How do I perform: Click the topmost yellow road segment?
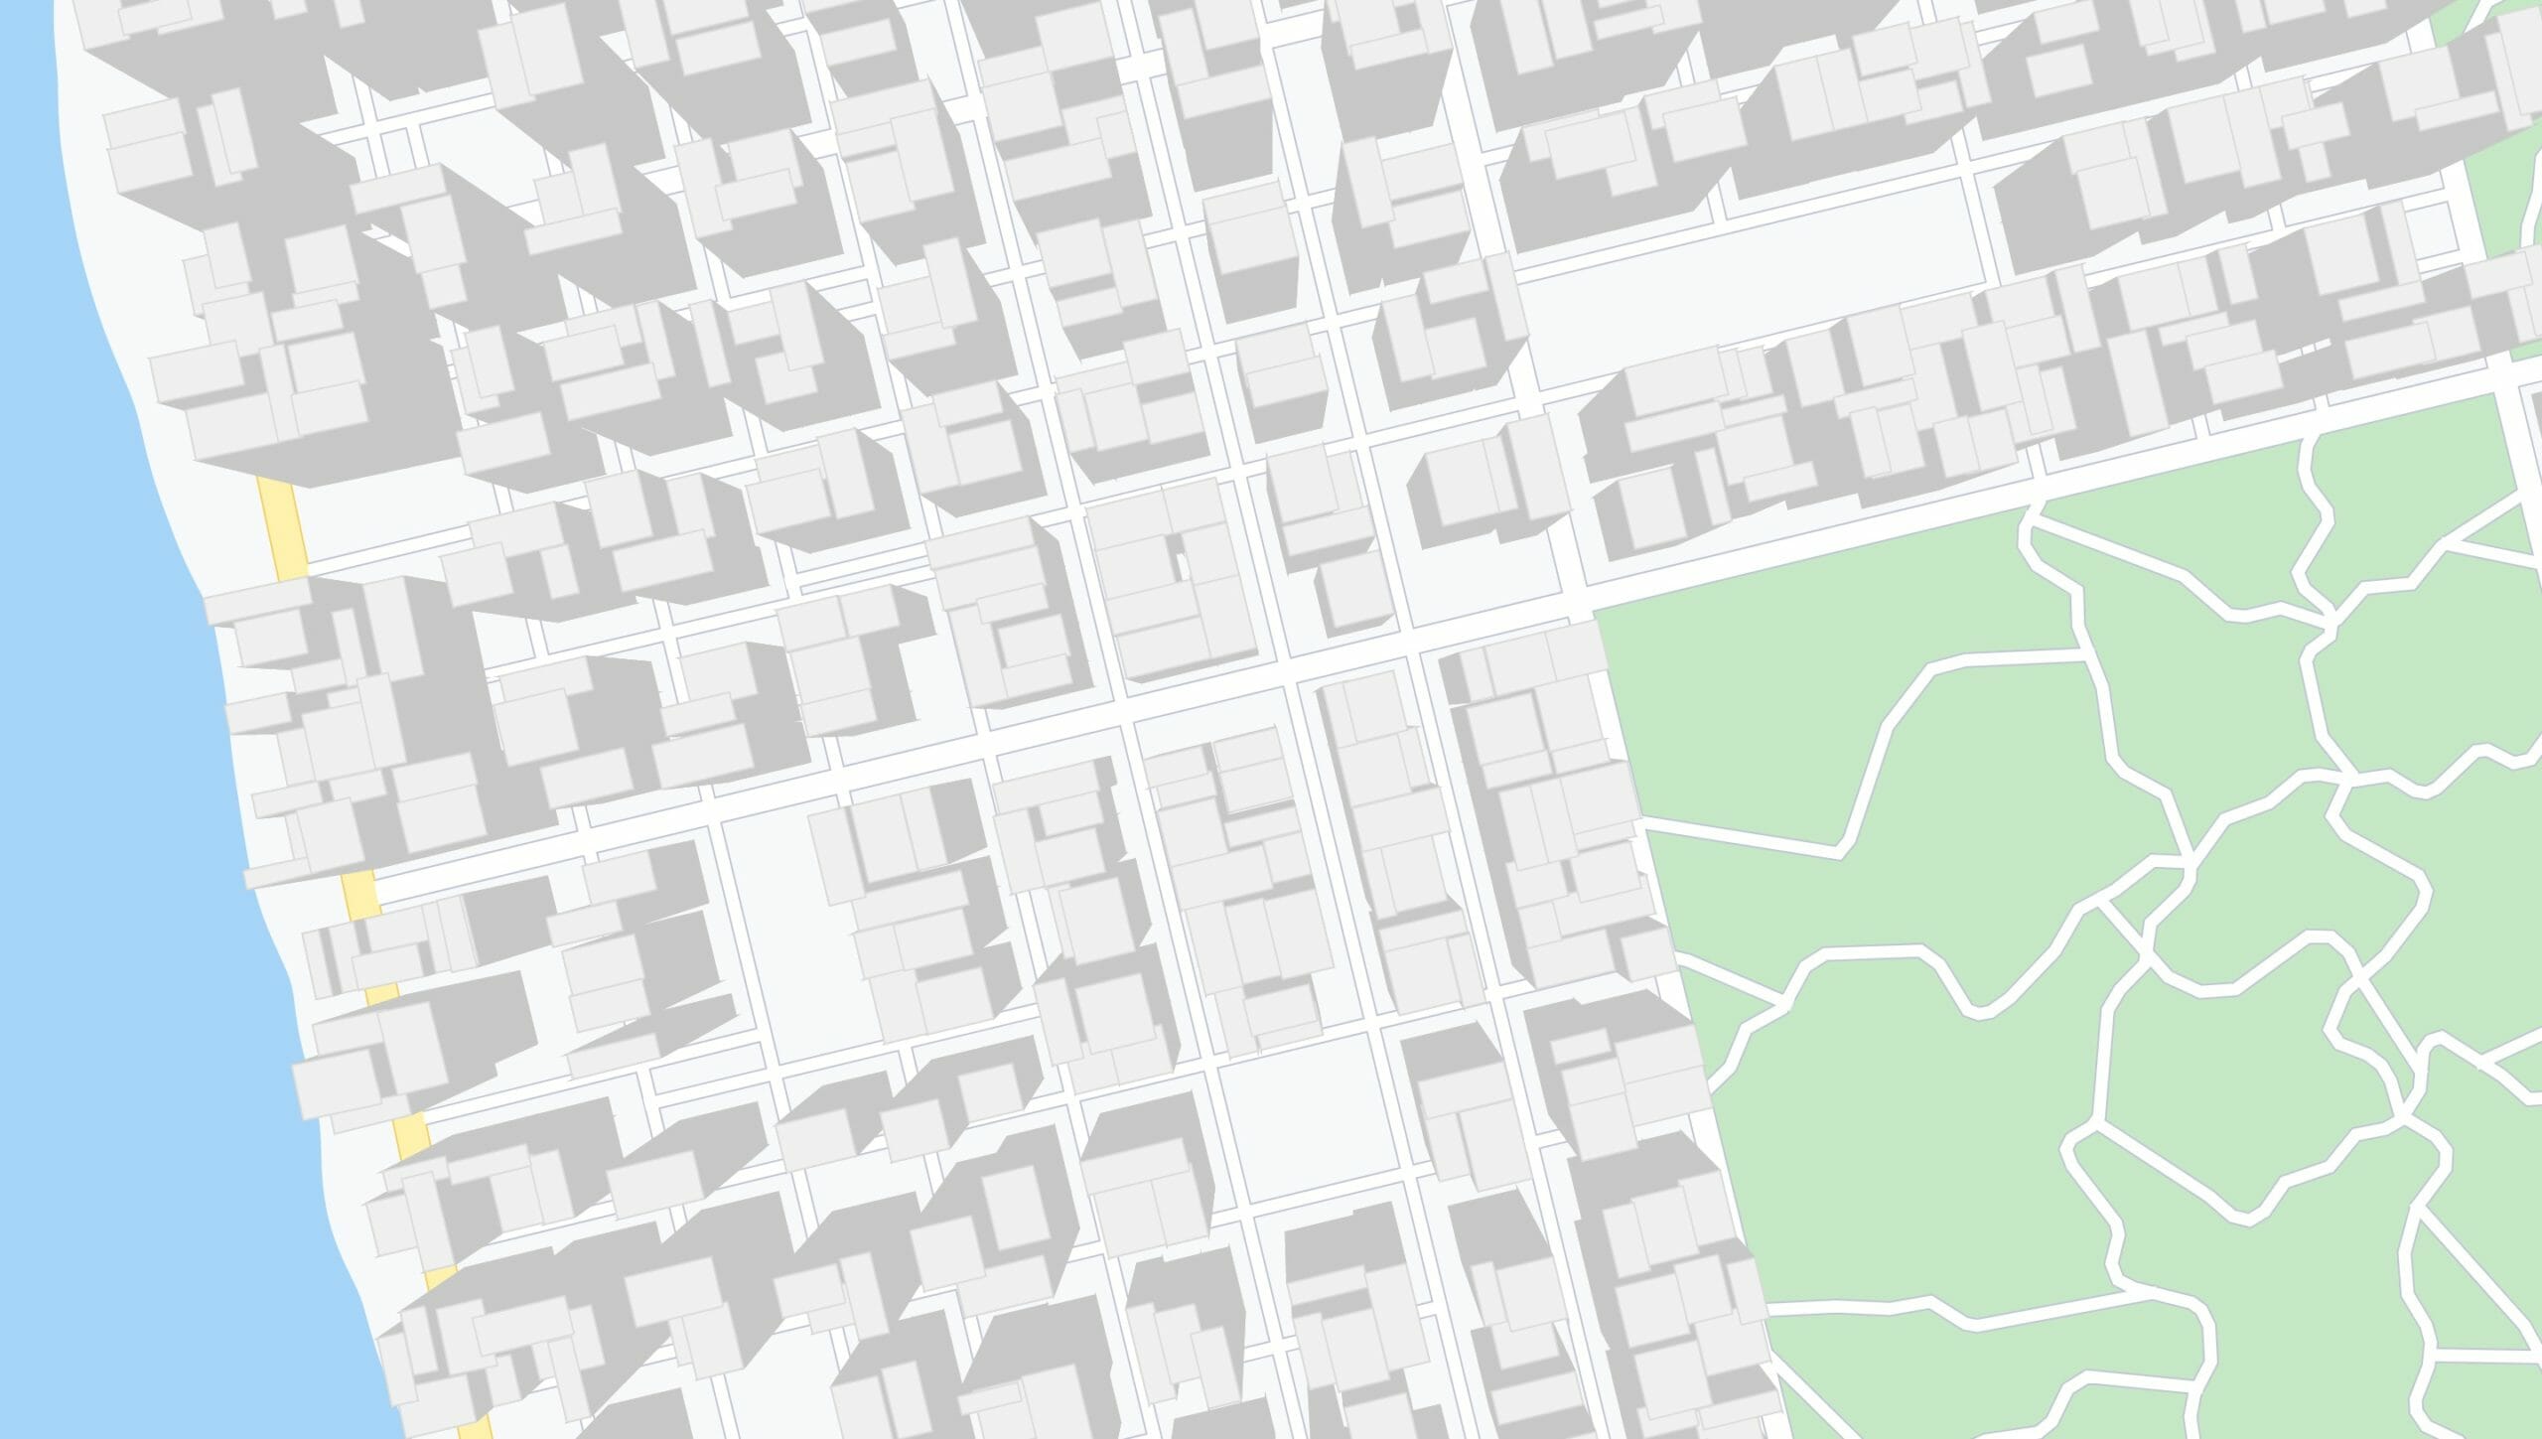point(282,527)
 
